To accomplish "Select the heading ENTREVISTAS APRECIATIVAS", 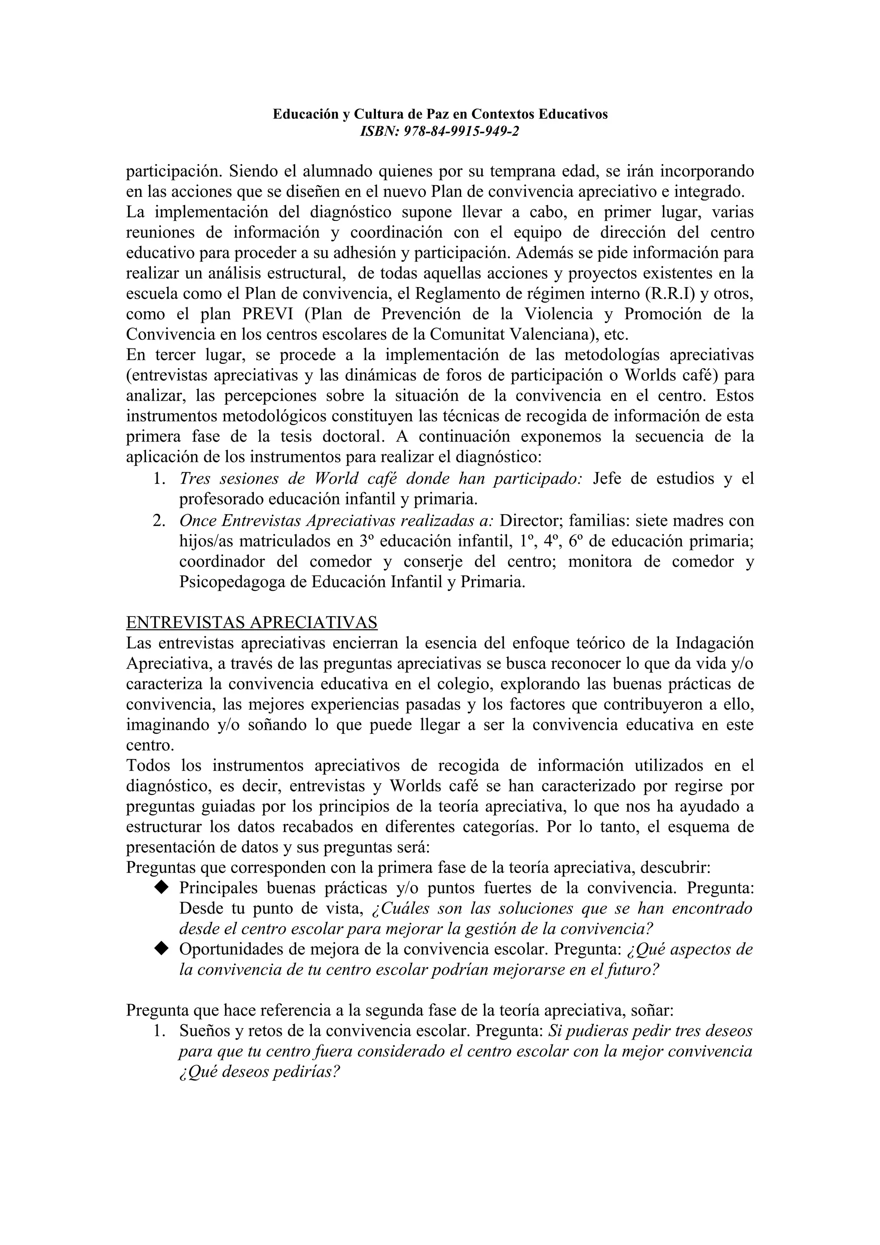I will coord(252,622).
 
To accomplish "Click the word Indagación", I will coord(714,643).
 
